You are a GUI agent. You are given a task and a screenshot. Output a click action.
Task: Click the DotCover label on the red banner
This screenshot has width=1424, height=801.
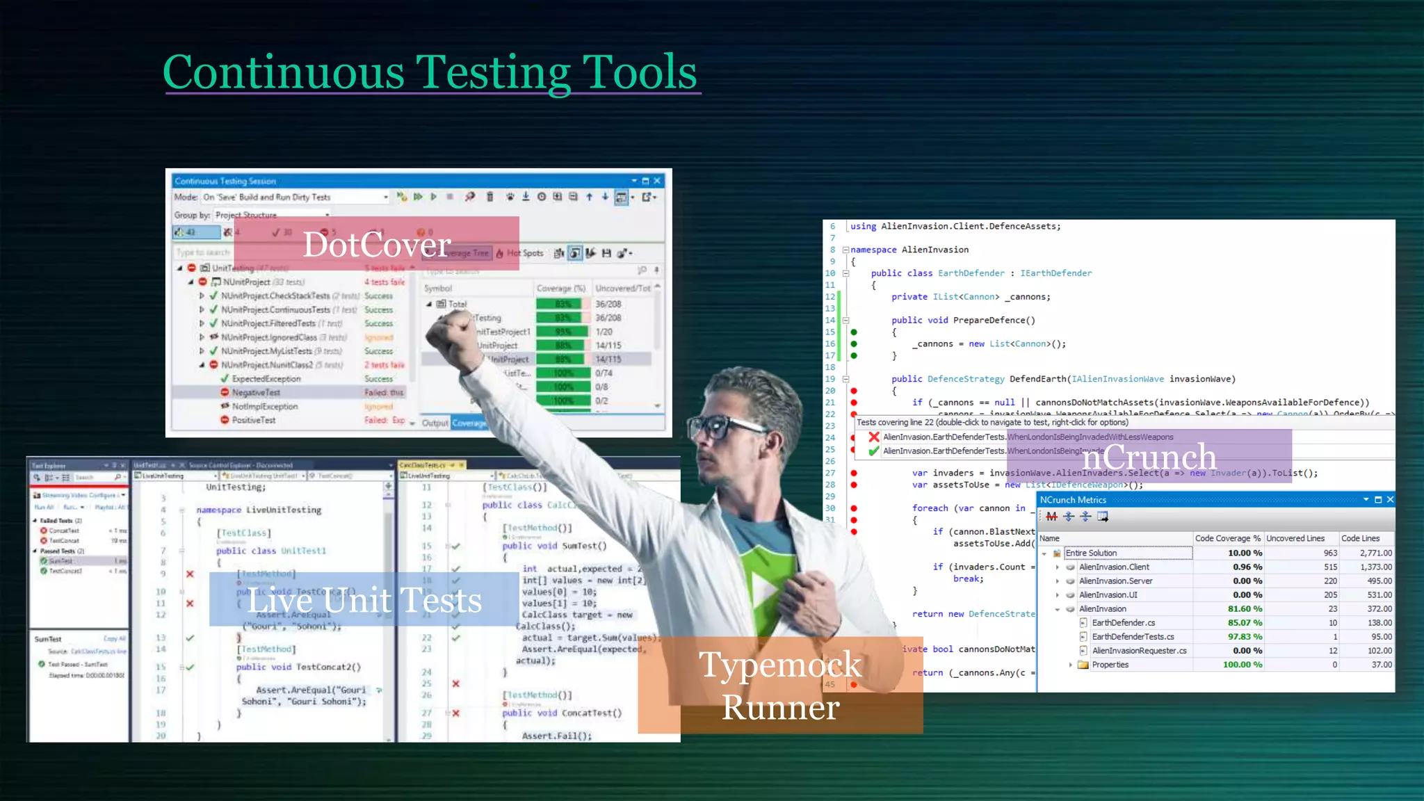click(x=377, y=245)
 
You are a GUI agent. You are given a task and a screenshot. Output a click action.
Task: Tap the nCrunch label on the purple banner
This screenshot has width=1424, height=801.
click(x=1149, y=458)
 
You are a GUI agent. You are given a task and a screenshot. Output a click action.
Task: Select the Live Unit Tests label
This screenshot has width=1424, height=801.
click(x=364, y=600)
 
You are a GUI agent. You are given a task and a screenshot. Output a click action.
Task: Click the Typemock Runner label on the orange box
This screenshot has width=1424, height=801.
click(x=780, y=686)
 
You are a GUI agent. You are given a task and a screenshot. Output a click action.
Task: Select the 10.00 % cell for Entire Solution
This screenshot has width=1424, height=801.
click(x=1244, y=553)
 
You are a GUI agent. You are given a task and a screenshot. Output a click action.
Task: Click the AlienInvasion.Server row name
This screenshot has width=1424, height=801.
click(x=1115, y=581)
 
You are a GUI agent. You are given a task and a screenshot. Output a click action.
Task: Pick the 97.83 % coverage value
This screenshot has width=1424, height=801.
click(x=1244, y=637)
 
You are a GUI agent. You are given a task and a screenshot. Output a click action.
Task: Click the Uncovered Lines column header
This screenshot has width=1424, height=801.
click(x=1295, y=538)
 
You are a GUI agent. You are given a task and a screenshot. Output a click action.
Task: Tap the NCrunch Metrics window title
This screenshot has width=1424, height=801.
click(x=1073, y=500)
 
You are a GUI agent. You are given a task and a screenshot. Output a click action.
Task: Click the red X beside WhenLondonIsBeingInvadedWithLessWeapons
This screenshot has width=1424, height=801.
click(x=874, y=437)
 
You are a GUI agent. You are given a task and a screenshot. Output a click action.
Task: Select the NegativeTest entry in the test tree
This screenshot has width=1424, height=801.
click(x=256, y=393)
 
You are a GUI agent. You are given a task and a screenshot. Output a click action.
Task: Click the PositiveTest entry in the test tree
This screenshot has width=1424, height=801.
click(x=254, y=420)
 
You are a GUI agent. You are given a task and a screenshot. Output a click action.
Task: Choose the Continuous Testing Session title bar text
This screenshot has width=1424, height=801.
click(x=225, y=181)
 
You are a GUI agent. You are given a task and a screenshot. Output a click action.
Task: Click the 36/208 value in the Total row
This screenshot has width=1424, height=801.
click(x=608, y=304)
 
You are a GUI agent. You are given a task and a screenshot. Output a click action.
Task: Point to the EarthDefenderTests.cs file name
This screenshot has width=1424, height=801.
click(x=1133, y=637)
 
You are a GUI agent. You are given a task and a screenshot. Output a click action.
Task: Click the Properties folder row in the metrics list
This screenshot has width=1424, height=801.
click(x=1110, y=665)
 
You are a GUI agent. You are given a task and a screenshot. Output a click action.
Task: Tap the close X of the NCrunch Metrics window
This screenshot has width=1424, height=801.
click(x=1390, y=500)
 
